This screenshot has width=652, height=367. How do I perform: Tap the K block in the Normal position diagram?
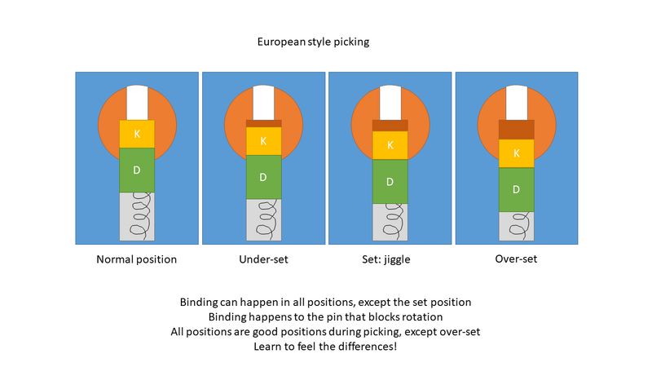(137, 134)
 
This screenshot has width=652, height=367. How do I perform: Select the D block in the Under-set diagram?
(263, 177)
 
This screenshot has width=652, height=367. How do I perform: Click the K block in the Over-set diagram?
(516, 153)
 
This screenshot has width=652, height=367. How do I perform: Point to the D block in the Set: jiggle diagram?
(390, 181)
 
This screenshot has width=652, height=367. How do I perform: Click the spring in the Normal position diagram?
(137, 216)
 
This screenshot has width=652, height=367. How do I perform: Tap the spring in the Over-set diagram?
(516, 227)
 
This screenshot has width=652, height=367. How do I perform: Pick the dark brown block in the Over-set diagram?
(516, 129)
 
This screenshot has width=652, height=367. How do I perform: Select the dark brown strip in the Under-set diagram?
(263, 123)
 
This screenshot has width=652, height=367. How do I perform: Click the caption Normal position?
(136, 259)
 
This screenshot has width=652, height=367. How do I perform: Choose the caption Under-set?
(262, 259)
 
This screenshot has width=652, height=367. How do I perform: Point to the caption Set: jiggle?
(390, 259)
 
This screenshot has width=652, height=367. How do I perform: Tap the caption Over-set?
(516, 259)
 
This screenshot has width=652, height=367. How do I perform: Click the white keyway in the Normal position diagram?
(137, 103)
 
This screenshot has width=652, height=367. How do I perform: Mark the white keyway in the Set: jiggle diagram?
(390, 103)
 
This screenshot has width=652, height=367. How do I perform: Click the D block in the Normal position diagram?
(137, 170)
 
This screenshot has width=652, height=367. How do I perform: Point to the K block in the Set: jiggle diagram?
(390, 145)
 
